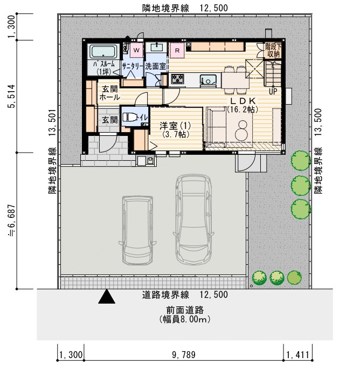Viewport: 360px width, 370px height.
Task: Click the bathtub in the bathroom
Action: [104, 52]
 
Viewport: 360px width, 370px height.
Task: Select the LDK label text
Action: [243, 101]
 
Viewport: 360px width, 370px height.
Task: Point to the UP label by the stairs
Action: [273, 90]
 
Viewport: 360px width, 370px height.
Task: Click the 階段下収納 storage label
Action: [273, 50]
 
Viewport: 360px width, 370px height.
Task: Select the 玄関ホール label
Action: [109, 93]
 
